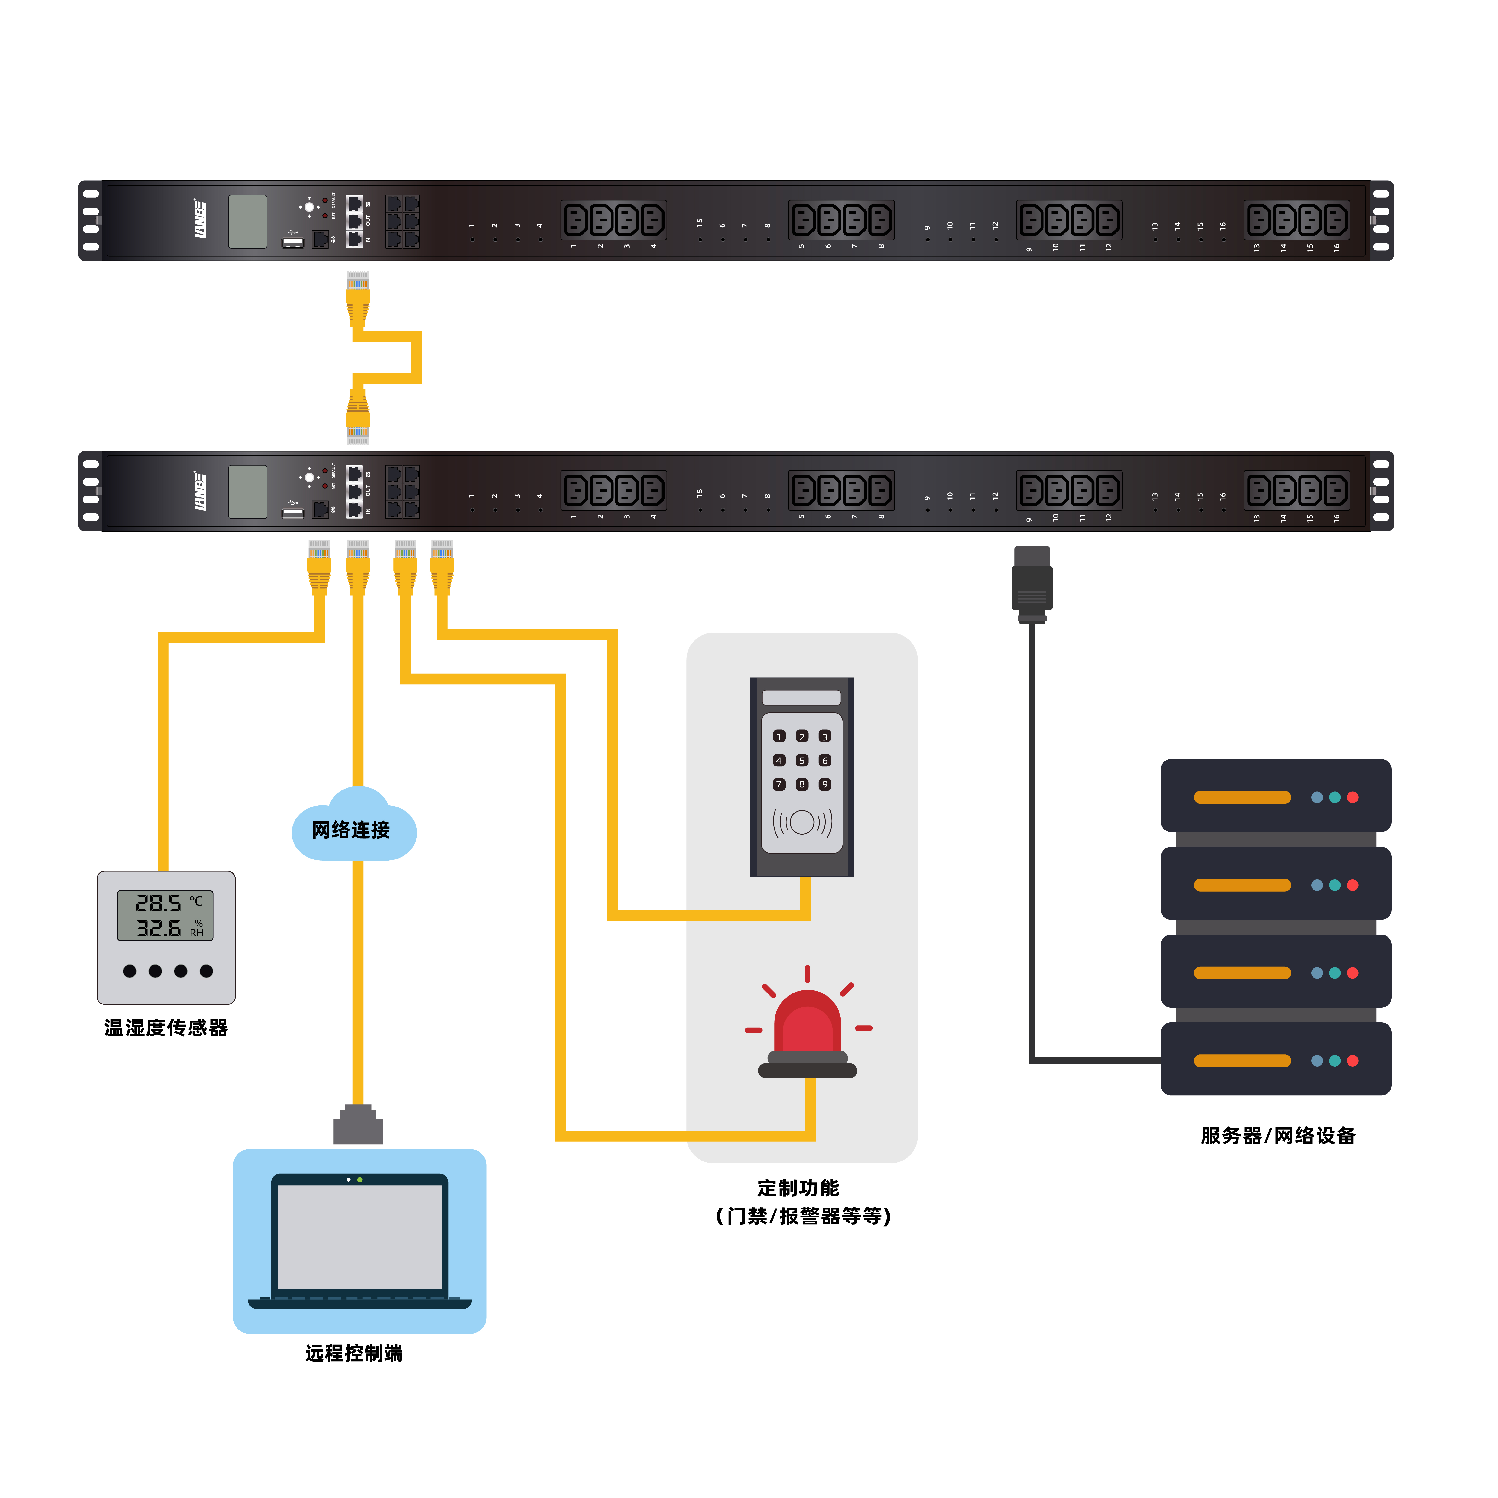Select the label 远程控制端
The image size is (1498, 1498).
[353, 1353]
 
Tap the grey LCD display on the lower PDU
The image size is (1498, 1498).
[247, 492]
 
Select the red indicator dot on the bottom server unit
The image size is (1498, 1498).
[1352, 1061]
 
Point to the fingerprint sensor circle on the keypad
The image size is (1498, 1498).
[802, 822]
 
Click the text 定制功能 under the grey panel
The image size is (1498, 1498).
[798, 1188]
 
